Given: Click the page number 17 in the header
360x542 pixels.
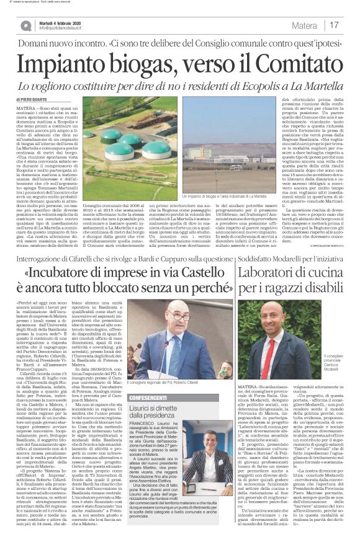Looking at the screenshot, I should tap(334, 25).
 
